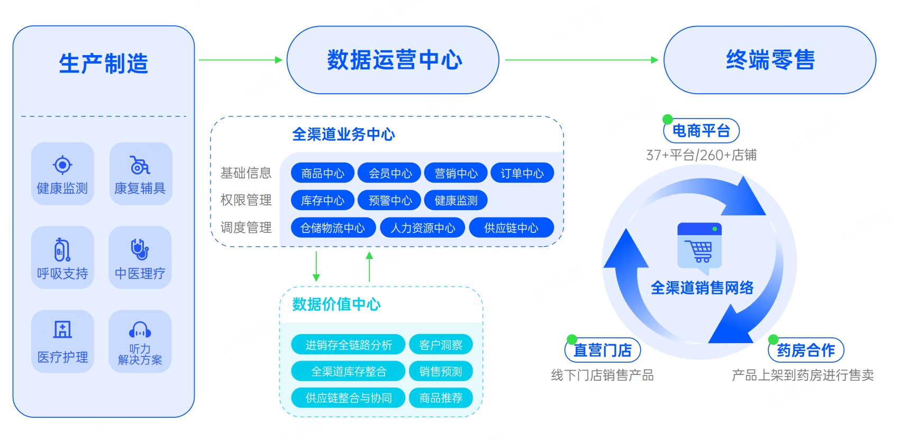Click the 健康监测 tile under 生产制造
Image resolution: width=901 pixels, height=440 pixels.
point(62,174)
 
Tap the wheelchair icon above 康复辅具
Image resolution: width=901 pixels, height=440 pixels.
point(140,165)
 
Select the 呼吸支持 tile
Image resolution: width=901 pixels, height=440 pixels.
point(62,257)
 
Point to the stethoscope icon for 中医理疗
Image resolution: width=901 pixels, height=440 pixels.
point(140,249)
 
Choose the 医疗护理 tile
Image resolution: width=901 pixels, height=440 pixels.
point(62,341)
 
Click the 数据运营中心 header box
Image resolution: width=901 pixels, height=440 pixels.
point(393,60)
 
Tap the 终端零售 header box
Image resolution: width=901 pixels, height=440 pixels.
point(770,60)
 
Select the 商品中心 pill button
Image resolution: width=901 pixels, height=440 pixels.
point(323,173)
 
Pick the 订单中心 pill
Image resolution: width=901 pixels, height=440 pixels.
point(522,173)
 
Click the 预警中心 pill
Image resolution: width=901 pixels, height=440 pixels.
point(389,200)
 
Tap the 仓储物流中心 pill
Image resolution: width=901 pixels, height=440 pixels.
point(333,228)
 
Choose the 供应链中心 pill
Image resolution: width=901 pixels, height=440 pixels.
point(511,228)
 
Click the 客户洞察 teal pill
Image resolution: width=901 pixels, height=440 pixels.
point(441,345)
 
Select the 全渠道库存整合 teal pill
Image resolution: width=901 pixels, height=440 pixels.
point(348,371)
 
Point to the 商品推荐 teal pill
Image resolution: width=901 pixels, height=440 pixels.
point(441,398)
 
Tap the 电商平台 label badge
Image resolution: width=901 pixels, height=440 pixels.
point(702,130)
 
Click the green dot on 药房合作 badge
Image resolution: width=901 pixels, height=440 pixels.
point(773,340)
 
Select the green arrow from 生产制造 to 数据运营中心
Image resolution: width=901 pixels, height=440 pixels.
point(241,60)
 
